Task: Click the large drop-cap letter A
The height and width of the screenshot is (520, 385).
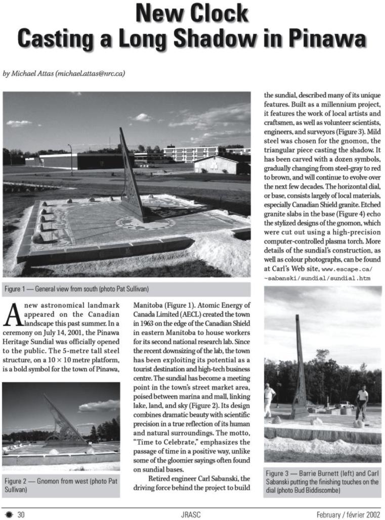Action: pos(12,315)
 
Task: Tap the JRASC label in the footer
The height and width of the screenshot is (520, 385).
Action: pos(192,514)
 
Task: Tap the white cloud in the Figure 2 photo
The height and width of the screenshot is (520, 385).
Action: pos(100,405)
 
